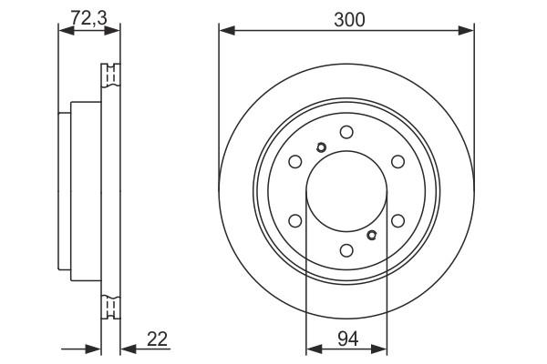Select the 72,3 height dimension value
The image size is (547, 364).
coord(88,15)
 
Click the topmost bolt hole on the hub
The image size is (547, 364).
coord(346,132)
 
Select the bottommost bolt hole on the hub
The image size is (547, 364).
coord(346,250)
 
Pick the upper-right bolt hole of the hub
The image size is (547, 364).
coord(397,162)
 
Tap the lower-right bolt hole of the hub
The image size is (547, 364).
coord(397,220)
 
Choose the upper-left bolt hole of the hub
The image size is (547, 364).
coord(295,162)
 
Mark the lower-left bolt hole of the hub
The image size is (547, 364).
coord(295,220)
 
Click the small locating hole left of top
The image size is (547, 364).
coord(321,149)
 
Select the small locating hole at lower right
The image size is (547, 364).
coord(371,235)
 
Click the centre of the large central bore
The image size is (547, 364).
coord(346,191)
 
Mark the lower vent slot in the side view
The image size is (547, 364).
coord(110,306)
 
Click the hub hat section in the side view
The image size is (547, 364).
coord(79,191)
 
